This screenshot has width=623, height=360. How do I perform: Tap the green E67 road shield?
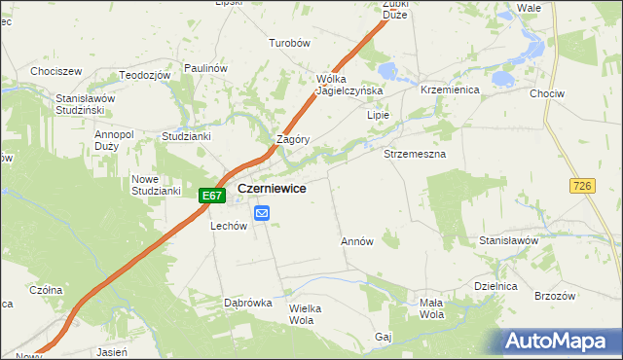pos(212,196)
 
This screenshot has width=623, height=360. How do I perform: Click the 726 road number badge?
pos(583,186)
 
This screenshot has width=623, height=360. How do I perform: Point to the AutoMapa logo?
pos(559,342)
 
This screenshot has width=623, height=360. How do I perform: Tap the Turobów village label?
pos(289,44)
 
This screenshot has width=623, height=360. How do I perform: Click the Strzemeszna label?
pos(415,155)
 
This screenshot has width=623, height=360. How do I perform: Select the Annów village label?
pos(357,241)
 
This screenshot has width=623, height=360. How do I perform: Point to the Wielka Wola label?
pos(305,313)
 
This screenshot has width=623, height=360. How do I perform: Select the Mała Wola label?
pos(431,308)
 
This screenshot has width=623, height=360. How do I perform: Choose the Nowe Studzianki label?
pos(156,185)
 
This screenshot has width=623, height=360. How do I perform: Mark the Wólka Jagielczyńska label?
pos(349,85)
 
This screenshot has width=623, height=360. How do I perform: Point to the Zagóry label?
pos(293,139)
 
